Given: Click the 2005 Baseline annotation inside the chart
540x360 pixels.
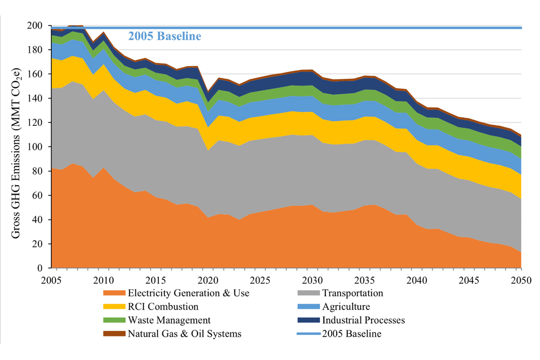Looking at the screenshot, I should pos(165,36).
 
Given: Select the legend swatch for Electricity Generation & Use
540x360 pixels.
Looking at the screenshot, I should pos(114,293).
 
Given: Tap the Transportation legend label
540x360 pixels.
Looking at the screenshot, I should pos(353,293).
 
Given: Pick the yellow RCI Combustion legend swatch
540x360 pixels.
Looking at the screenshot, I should pos(114,307).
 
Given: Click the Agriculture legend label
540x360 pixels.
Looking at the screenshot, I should pos(346,307).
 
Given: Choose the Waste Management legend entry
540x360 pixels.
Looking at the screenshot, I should pos(169,320).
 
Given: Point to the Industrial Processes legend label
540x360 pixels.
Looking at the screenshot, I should pos(363,320).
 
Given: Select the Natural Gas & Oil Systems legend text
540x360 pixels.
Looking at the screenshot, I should pos(184,334).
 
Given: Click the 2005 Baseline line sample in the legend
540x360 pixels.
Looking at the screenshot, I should pos(309,334).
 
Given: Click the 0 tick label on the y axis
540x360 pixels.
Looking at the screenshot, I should pos(40,268).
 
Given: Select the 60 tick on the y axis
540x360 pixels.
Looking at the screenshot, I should pos(37,195).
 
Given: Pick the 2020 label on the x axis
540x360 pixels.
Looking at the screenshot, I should pos(208,280).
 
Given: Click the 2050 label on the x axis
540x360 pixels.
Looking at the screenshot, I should pos(521,280).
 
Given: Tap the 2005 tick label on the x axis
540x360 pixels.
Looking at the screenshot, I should pos(51,280).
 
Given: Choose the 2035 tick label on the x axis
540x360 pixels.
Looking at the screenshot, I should pos(364,280).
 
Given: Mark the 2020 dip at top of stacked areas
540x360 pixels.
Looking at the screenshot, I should pos(208,92).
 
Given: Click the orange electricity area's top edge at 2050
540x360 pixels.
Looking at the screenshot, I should pos(521,252).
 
